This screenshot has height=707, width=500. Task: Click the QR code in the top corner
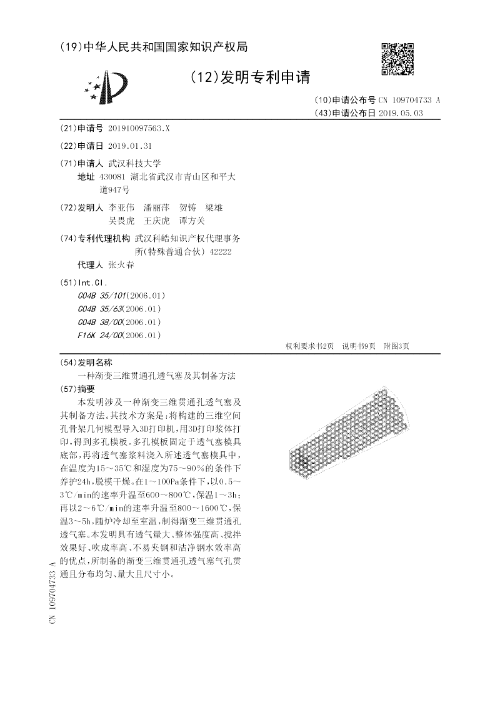(x=397, y=59)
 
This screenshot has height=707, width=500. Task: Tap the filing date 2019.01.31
(x=130, y=146)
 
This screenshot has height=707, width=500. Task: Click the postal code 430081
(x=112, y=177)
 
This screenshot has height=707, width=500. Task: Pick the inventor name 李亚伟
(x=121, y=208)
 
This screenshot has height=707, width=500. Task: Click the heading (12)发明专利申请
(x=249, y=77)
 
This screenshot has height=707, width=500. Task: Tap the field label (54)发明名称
(x=85, y=363)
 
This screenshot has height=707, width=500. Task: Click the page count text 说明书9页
(x=358, y=346)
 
